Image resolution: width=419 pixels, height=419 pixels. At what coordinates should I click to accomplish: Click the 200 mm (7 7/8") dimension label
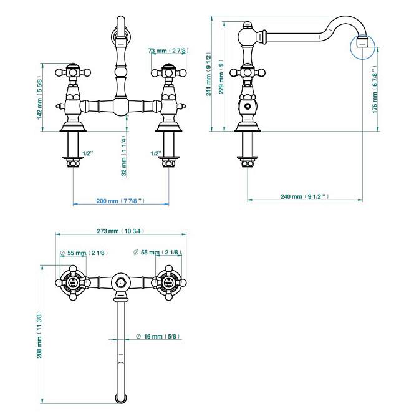[x=120, y=201]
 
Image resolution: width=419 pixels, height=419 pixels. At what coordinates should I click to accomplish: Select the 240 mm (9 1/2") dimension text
[x=304, y=196]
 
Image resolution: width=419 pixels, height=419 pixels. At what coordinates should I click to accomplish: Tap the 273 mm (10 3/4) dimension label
[x=121, y=231]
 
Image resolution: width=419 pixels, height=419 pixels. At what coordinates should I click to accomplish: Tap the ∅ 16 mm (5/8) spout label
[x=157, y=337]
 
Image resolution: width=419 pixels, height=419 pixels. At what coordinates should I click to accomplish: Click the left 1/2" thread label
[x=88, y=152]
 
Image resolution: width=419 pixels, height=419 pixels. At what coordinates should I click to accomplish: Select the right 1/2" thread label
[x=155, y=152]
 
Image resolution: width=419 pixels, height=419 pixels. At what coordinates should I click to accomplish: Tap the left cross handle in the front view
[x=71, y=72]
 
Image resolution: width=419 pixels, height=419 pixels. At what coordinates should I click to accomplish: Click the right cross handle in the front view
[x=168, y=72]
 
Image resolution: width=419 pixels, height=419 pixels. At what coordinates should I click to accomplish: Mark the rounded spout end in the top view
[x=120, y=397]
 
